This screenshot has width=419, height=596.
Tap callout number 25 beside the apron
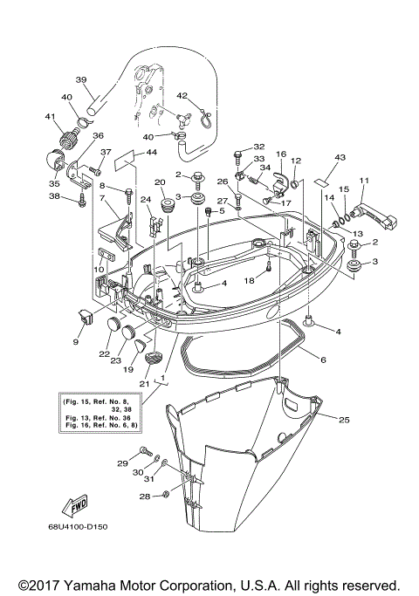point(344,421)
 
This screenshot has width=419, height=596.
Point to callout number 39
point(81,80)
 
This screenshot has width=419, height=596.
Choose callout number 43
point(340,157)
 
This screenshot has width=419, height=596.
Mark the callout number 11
point(364,181)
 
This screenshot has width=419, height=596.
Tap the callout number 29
point(122,462)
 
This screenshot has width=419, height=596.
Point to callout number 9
point(75,343)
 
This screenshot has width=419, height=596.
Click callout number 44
point(151,153)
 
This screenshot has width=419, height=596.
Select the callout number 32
point(258,147)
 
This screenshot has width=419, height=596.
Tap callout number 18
point(249,281)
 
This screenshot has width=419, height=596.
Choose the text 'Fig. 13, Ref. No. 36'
point(95,416)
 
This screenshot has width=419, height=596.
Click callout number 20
point(160,182)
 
